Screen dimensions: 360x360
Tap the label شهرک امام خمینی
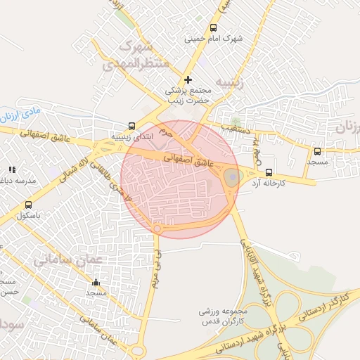214,39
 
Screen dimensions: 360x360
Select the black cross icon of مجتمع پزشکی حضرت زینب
188,79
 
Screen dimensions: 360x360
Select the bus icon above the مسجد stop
317,150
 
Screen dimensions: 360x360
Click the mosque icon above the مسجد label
96,281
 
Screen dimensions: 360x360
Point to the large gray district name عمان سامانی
68,260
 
